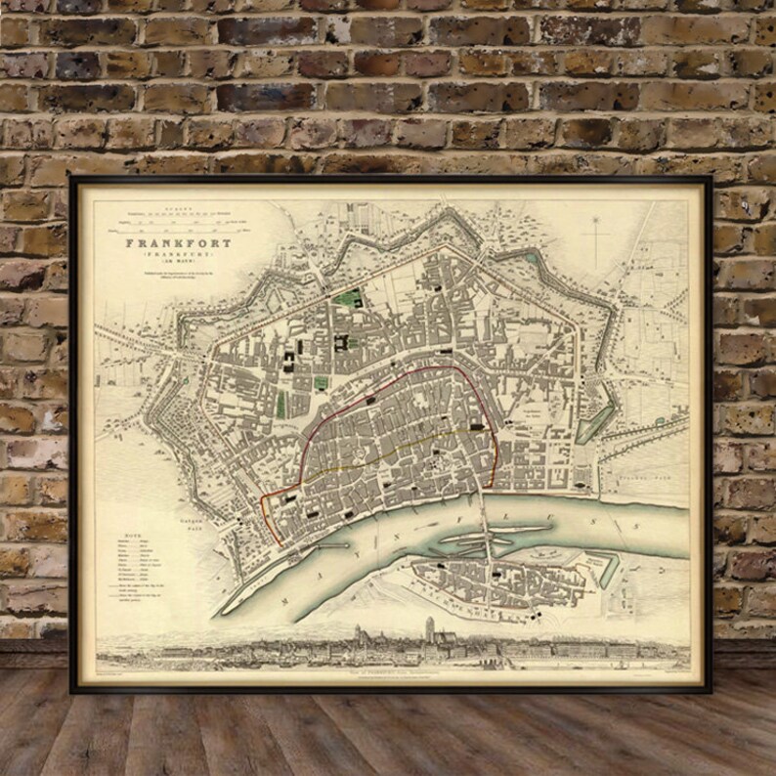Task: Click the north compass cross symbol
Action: coord(595,235)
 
